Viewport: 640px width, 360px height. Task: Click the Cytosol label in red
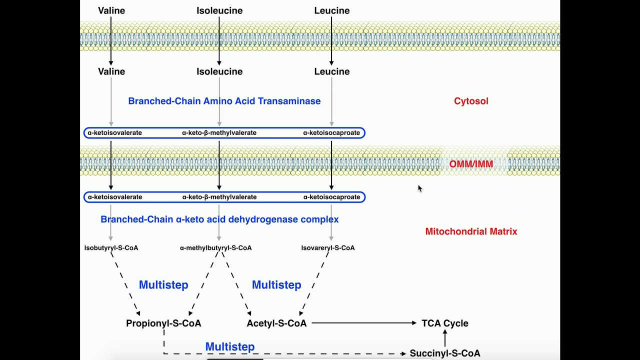(471, 101)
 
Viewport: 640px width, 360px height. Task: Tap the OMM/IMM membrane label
(471, 164)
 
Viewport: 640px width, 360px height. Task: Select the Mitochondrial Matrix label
(471, 231)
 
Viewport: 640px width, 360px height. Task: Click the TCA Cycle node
(445, 323)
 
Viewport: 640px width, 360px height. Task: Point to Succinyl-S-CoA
(445, 353)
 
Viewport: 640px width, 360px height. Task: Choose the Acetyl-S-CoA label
(276, 323)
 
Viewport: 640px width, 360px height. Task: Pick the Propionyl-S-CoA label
(163, 323)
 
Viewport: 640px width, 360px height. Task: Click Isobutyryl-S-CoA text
(111, 248)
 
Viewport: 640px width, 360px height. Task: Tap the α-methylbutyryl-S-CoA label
(216, 248)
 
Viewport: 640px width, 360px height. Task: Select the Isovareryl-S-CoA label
(328, 248)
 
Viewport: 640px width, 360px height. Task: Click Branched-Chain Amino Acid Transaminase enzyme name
(224, 101)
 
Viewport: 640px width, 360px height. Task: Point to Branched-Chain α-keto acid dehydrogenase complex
(219, 219)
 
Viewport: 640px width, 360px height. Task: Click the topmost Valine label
(111, 10)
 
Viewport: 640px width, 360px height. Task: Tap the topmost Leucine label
(332, 10)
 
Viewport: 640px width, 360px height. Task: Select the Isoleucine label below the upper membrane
(219, 71)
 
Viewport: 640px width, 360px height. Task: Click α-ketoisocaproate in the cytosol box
(331, 133)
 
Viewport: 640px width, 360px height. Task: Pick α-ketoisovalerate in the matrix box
(115, 197)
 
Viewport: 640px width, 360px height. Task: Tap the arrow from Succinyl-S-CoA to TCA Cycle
(445, 338)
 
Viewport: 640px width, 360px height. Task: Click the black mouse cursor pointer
(420, 188)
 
